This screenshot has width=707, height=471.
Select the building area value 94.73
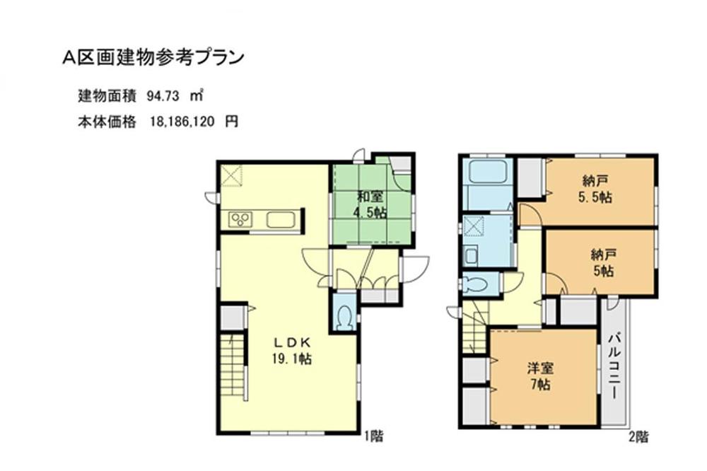pos(165,95)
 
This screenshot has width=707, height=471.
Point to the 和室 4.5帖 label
pos(370,204)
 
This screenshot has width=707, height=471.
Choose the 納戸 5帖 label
pos(602,262)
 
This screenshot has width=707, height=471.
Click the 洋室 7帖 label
pos(540,376)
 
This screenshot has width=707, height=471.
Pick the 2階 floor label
pos(638,436)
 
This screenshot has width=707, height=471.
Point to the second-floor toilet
pos(476,284)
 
